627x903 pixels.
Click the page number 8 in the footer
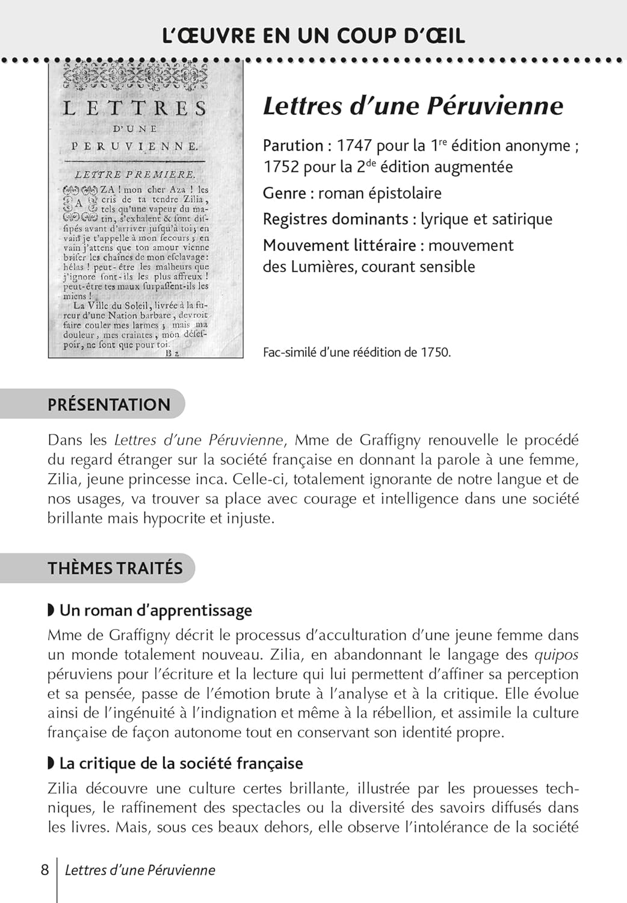point(45,870)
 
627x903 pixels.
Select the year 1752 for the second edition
point(280,167)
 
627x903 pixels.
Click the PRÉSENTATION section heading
point(109,405)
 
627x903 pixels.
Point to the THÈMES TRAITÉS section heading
point(115,568)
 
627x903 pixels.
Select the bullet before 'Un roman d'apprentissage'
point(51,610)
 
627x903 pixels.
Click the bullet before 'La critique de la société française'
point(51,763)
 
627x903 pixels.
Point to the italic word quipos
point(556,655)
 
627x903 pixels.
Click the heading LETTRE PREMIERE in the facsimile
point(135,175)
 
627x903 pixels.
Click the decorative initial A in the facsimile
point(79,203)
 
